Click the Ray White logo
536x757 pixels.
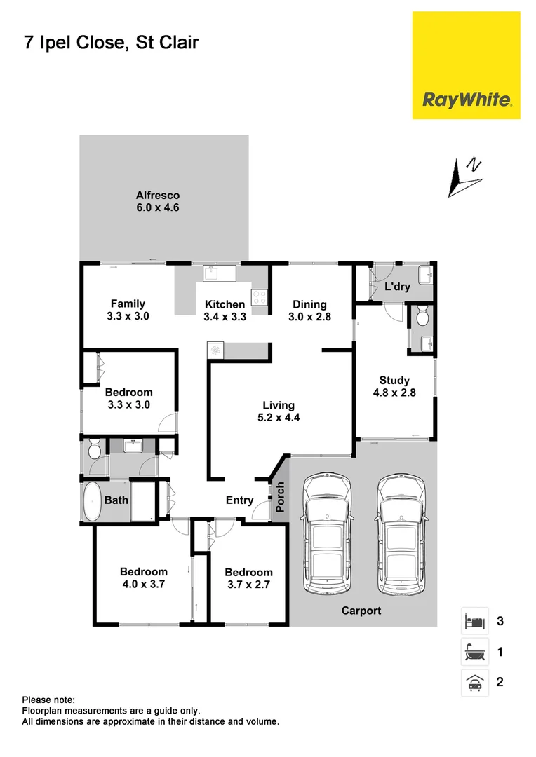pyautogui.click(x=466, y=100)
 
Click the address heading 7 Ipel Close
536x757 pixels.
pyautogui.click(x=110, y=43)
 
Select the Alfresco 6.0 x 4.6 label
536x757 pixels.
pyautogui.click(x=158, y=202)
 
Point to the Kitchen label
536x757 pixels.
pyautogui.click(x=225, y=304)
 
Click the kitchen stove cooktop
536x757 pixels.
pyautogui.click(x=260, y=297)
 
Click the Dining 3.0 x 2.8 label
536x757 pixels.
pyautogui.click(x=309, y=310)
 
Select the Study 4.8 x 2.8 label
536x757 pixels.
pyautogui.click(x=394, y=387)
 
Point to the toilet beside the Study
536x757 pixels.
pyautogui.click(x=422, y=317)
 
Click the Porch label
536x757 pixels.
pyautogui.click(x=280, y=497)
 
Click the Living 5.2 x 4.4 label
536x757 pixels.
pyautogui.click(x=279, y=411)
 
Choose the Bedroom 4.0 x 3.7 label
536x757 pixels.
pyautogui.click(x=143, y=578)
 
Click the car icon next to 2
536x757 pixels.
pyautogui.click(x=474, y=682)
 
